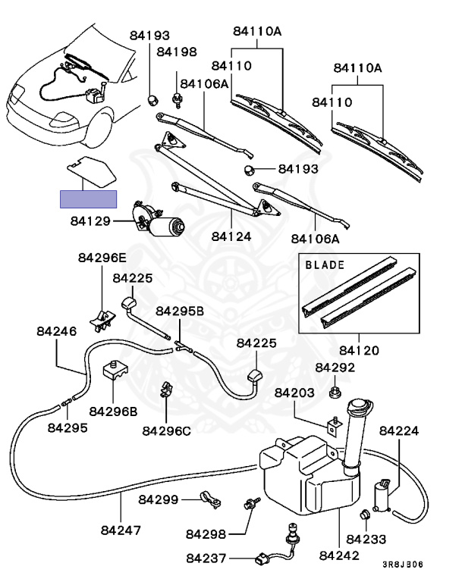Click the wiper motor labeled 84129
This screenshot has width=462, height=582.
click(x=158, y=220)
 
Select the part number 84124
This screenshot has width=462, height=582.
click(x=231, y=236)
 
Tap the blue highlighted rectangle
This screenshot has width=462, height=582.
click(x=89, y=199)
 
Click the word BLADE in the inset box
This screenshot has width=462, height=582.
click(x=325, y=265)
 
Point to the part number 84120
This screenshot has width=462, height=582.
click(x=359, y=350)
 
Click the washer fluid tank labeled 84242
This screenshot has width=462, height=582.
click(x=310, y=475)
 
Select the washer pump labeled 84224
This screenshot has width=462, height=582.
click(x=382, y=496)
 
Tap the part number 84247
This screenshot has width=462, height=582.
click(x=121, y=530)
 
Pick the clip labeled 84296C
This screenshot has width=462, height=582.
click(x=166, y=390)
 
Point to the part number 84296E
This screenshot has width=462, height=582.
click(x=102, y=258)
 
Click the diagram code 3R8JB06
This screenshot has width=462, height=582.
click(x=403, y=565)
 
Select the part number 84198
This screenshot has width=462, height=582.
click(x=177, y=52)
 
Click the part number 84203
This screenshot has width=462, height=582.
click(x=294, y=393)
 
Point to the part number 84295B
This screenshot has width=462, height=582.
click(x=180, y=311)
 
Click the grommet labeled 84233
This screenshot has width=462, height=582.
click(x=365, y=515)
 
